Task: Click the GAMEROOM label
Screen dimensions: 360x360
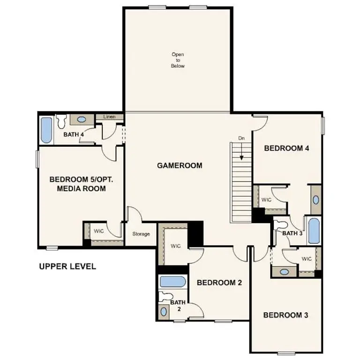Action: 180,165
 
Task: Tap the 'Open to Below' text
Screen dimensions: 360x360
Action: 178,60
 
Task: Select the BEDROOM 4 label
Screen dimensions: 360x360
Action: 286,148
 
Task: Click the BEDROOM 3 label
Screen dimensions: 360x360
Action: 285,315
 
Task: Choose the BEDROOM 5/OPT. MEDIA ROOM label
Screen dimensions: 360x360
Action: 81,184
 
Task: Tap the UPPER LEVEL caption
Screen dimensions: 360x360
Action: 67,266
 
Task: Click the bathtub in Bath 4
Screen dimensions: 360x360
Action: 46,130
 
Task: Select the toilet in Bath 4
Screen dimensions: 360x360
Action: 61,123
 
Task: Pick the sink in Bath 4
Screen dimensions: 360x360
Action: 82,120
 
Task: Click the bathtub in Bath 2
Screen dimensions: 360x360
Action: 172,282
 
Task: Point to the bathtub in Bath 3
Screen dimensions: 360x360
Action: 313,230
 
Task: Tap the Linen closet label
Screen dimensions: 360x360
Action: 109,117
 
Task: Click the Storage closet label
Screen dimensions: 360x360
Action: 141,233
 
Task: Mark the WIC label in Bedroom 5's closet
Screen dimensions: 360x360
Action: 98,231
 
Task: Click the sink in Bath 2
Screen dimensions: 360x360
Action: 164,312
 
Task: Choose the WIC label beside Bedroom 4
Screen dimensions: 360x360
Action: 266,200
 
